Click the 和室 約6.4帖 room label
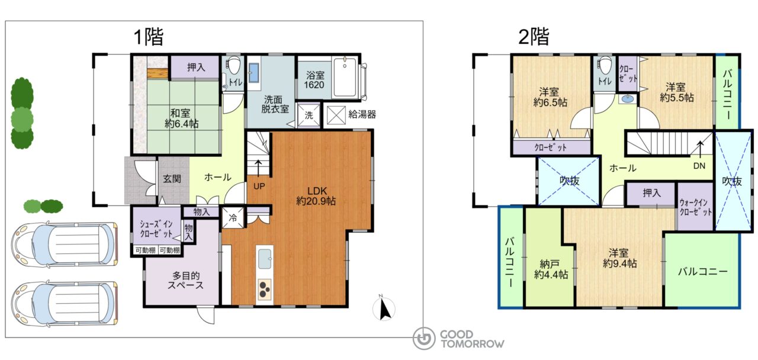coord(181,118)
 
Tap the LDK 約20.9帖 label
coord(316,196)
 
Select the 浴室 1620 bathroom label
coord(314,80)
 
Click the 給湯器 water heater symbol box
coord(336,115)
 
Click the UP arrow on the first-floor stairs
coord(258,168)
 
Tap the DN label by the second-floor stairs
coord(699,166)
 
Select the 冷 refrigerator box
coord(233,217)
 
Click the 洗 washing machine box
coord(309,115)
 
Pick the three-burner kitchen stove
coord(265,290)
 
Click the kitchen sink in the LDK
coord(265,259)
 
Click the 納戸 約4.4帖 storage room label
coord(551,269)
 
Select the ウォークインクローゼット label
coord(696,207)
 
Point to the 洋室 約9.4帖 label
coord(619,258)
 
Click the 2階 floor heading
coord(534,37)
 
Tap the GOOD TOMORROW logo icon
coord(424,338)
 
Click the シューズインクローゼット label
coord(156,229)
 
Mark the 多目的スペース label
coord(185,280)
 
